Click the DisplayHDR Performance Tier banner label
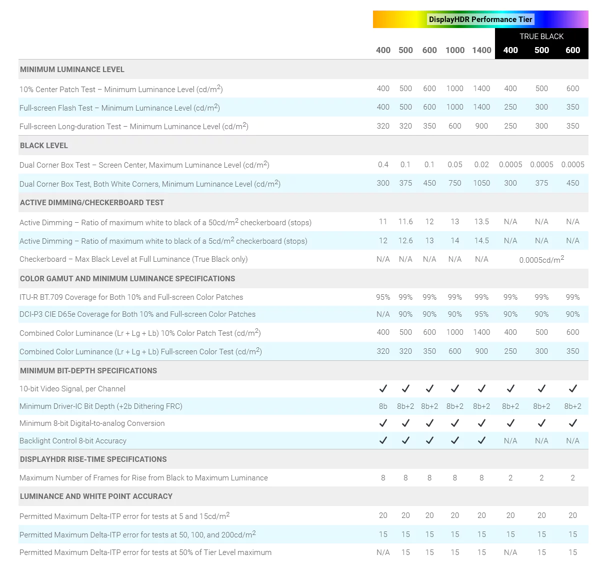coord(480,20)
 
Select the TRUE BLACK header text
coord(541,37)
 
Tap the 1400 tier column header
coord(481,50)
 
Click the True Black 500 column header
coord(541,50)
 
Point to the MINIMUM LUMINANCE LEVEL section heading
coord(72,70)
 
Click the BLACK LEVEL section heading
coord(44,146)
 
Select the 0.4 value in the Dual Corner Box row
coord(383,165)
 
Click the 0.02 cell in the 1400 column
coord(481,165)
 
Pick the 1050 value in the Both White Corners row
coord(481,183)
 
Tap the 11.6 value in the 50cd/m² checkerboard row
coord(405,222)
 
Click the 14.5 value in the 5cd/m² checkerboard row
coord(481,241)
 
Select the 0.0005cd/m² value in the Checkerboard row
coord(541,260)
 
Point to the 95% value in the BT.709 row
coord(383,297)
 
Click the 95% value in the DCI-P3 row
coord(481,314)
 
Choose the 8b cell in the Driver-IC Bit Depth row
coord(383,406)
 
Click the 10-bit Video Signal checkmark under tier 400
coord(383,388)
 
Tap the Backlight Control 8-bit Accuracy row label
coord(73,441)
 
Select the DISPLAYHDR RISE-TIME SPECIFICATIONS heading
coord(93,459)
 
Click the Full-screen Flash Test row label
coord(119,108)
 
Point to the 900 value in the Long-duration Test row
coord(481,126)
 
